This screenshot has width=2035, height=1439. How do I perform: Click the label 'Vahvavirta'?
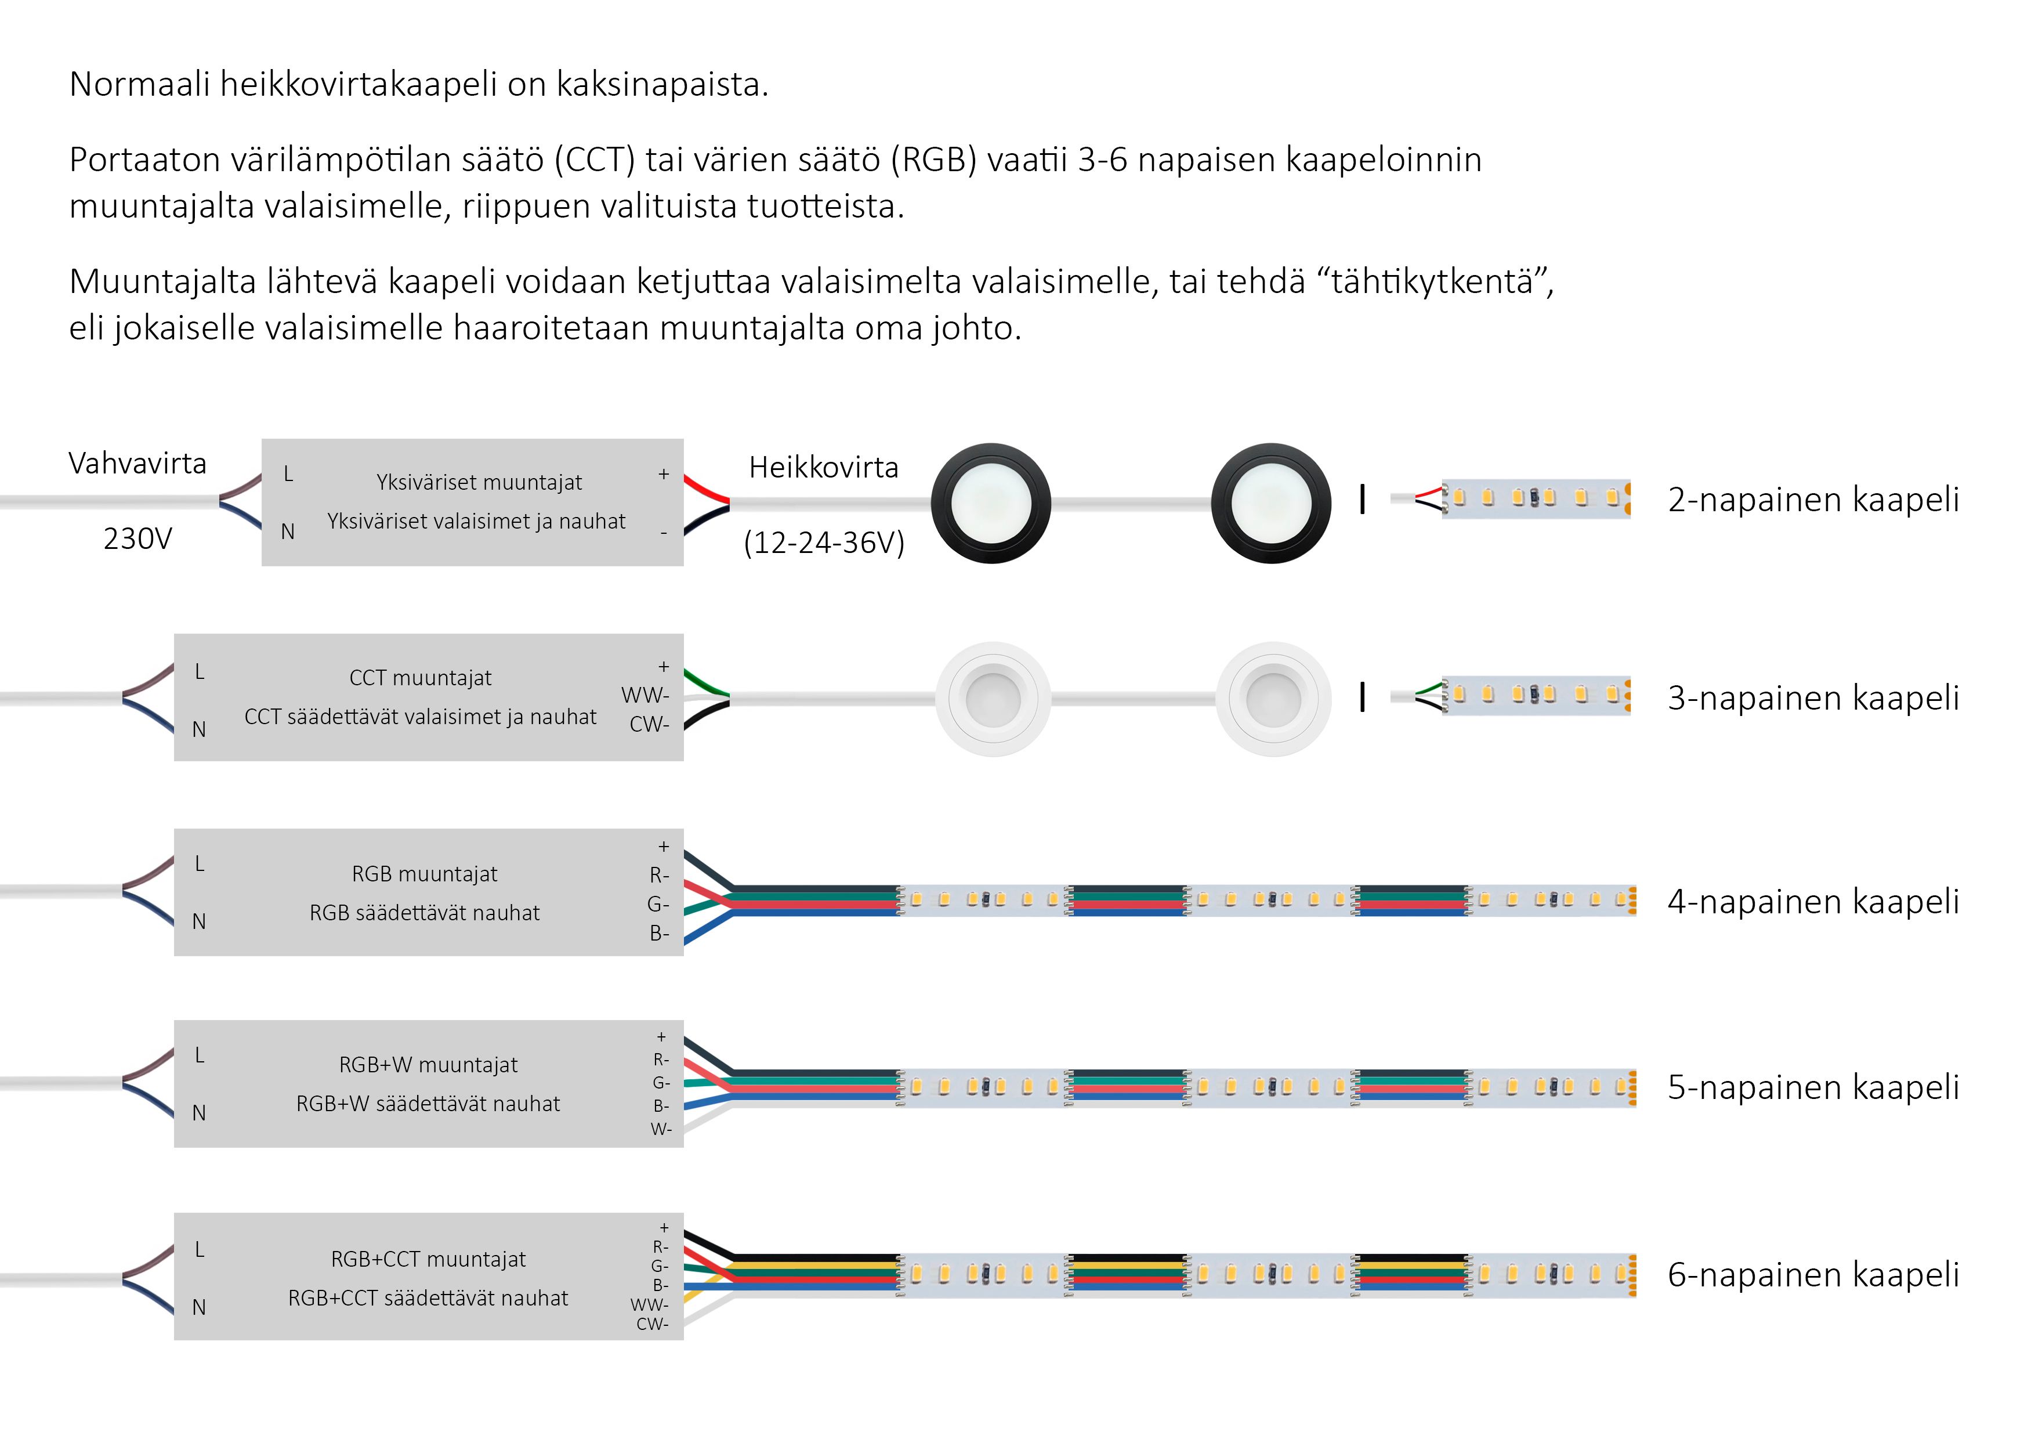(x=137, y=463)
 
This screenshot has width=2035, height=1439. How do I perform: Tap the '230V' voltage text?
(x=137, y=538)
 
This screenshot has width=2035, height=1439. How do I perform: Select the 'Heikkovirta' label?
(x=823, y=467)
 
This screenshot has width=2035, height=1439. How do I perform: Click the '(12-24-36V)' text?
(x=823, y=543)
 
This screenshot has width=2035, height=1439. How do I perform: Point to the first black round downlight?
(x=991, y=502)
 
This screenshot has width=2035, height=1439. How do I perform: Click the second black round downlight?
(x=1271, y=502)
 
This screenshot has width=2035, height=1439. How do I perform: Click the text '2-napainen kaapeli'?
(x=1813, y=499)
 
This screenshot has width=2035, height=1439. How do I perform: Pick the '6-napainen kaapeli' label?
(x=1813, y=1274)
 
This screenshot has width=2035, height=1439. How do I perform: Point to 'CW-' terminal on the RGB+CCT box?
(x=653, y=1324)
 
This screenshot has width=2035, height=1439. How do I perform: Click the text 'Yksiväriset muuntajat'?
(x=479, y=482)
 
